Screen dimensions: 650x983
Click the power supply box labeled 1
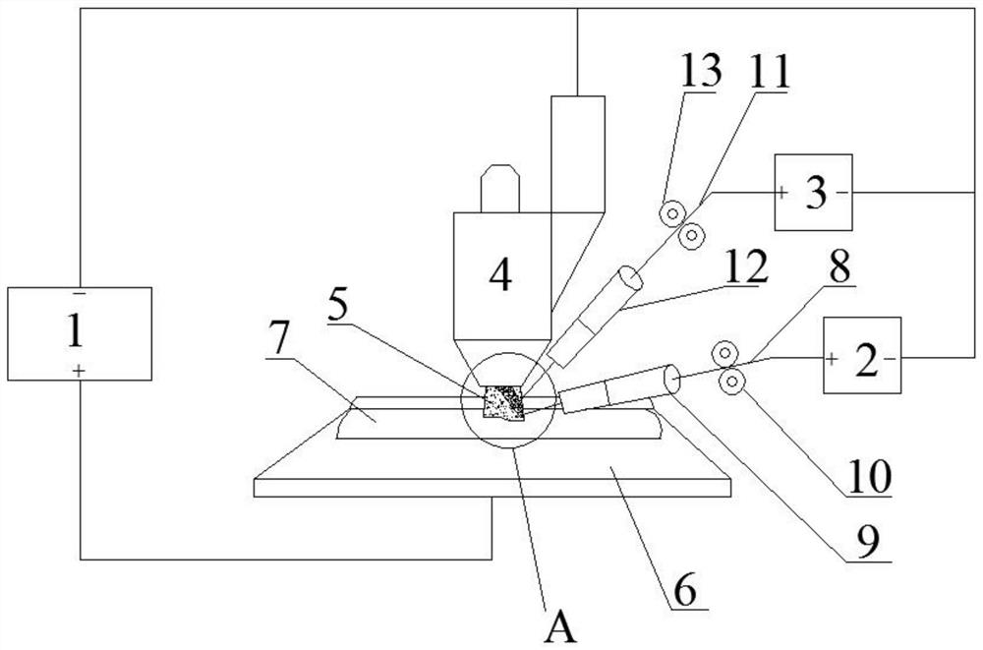click(79, 332)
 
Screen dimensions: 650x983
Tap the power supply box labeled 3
click(813, 193)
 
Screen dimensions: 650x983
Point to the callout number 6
click(685, 592)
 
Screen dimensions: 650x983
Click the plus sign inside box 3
click(782, 193)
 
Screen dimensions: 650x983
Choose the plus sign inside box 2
click(832, 361)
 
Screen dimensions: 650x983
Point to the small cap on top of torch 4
click(498, 187)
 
